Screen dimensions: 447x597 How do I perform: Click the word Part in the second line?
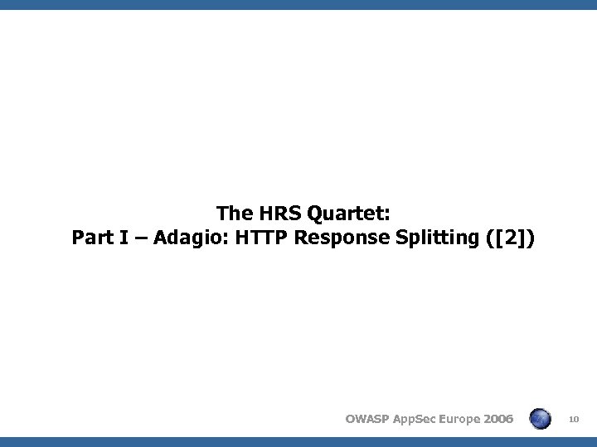click(90, 239)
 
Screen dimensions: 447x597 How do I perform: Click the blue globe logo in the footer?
click(540, 418)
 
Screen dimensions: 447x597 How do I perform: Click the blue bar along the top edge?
click(298, 5)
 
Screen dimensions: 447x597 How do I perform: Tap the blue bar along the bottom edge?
click(298, 441)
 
